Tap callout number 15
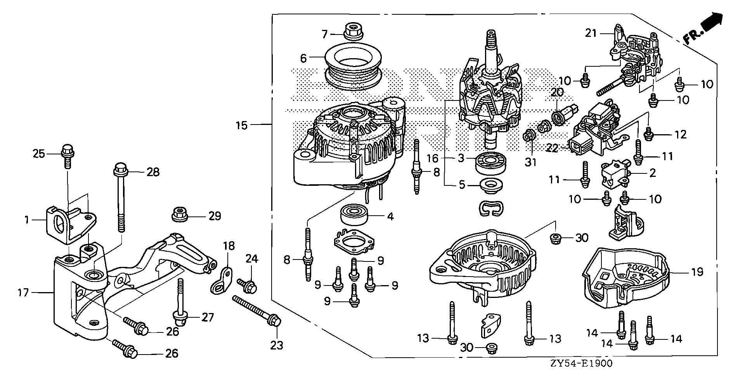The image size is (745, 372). (241, 125)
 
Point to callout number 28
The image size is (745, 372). (153, 172)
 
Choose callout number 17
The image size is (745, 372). (23, 292)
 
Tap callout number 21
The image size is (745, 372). (591, 33)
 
